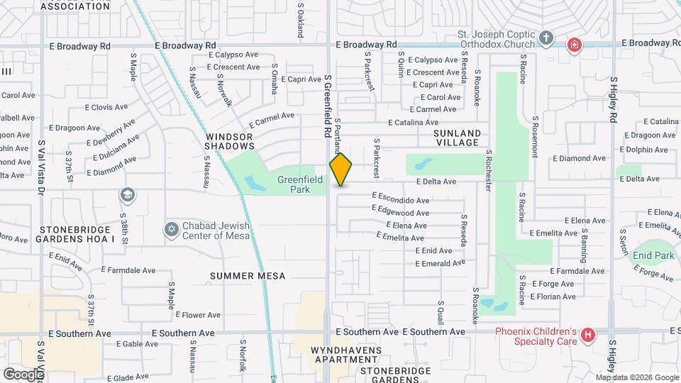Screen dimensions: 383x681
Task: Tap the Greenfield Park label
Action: pos(300,184)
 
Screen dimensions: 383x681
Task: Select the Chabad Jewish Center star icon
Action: pos(170,229)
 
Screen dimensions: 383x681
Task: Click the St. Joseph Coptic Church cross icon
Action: pos(546,38)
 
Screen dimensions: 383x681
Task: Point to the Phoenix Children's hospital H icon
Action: pos(587,335)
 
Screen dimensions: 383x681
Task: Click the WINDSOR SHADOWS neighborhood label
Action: pos(229,140)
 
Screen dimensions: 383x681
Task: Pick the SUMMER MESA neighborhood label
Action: pos(248,275)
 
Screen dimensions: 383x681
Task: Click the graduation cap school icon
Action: pos(128,195)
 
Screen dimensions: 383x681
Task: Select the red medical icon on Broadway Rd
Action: pos(573,46)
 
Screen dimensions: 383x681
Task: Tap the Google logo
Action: pos(23,374)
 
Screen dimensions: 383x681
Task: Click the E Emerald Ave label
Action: pos(440,263)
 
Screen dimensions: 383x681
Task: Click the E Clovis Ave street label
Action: pos(106,108)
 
